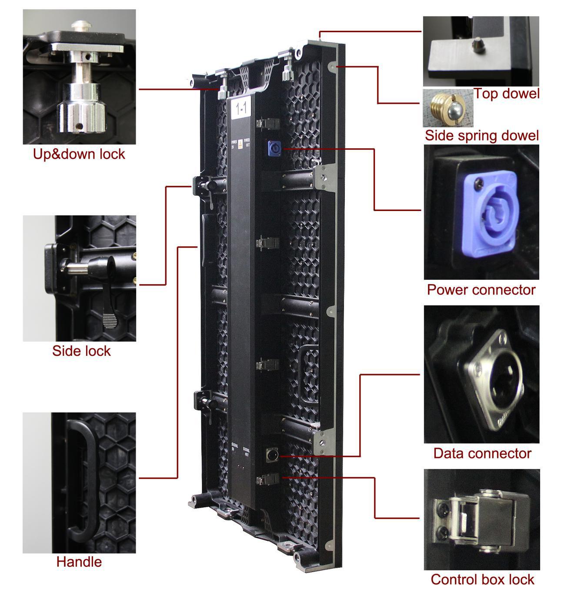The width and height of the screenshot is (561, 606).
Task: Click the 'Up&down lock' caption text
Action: (x=79, y=154)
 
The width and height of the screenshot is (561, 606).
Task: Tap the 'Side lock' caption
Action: (x=81, y=351)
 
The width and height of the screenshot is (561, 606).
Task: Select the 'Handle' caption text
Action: (x=79, y=562)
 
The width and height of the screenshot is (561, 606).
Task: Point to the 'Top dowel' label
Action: (x=506, y=93)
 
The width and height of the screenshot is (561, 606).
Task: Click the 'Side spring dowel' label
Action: (x=481, y=135)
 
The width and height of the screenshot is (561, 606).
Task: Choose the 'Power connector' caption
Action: (x=481, y=290)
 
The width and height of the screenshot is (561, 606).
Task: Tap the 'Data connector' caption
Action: (x=482, y=453)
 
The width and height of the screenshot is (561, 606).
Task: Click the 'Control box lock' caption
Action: (x=482, y=579)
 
